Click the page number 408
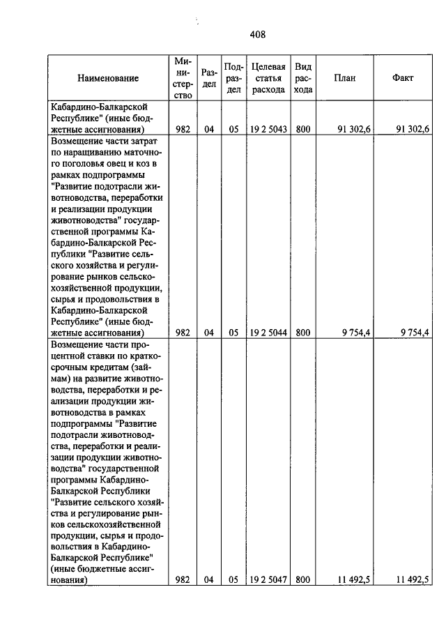coord(257,33)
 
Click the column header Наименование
coord(108,78)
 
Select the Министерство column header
coord(183,78)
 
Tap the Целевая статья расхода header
coord(268,78)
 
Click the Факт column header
coord(403,78)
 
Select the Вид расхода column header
coord(302,78)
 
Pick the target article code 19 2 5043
coord(268,128)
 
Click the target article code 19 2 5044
coord(268,333)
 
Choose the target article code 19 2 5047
coord(268,579)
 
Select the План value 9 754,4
coord(356,333)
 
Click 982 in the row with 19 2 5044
coord(183,333)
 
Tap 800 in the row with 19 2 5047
coord(302,579)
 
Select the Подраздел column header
coord(233,78)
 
